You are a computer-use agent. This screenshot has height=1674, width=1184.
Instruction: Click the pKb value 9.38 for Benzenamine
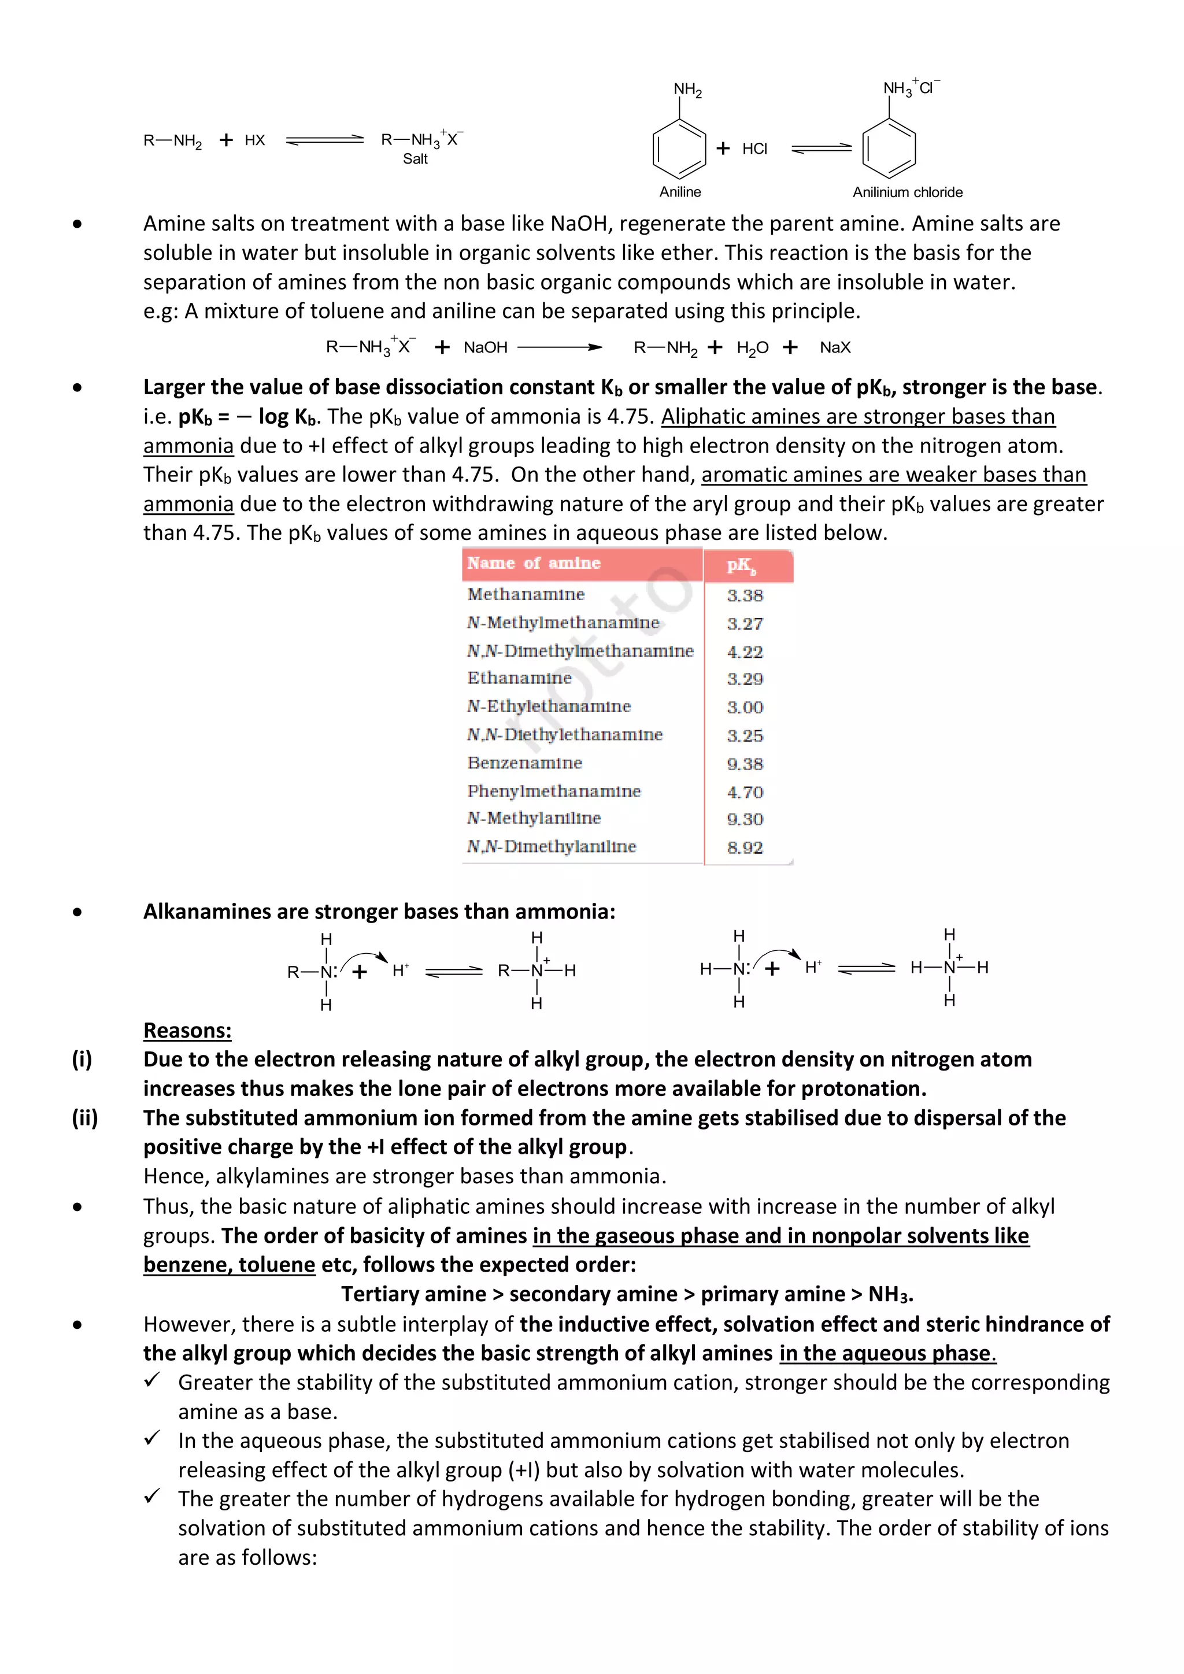click(x=745, y=764)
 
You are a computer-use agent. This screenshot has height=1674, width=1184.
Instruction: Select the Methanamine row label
click(x=526, y=594)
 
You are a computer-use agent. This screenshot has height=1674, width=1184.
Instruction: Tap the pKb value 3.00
click(x=745, y=707)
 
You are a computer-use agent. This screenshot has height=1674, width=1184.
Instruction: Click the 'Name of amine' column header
click(x=534, y=563)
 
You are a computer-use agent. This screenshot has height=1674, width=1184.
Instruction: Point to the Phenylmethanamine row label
click(x=554, y=791)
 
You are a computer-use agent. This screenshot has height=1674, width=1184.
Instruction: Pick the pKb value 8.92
click(x=745, y=847)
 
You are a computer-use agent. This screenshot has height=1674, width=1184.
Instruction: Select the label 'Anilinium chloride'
click(x=907, y=192)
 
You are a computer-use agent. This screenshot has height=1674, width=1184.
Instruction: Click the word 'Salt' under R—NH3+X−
click(x=415, y=159)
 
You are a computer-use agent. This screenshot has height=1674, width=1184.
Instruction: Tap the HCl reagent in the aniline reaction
click(x=754, y=149)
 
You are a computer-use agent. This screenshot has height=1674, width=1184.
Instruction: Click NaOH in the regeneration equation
click(x=486, y=348)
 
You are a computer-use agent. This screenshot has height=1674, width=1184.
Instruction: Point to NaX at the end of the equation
click(x=835, y=348)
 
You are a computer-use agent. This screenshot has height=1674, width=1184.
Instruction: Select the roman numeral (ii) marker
click(x=84, y=1118)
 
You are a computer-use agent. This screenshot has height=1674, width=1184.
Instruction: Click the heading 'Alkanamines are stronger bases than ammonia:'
click(x=379, y=912)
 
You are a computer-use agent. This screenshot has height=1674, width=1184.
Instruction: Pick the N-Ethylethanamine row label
click(x=549, y=706)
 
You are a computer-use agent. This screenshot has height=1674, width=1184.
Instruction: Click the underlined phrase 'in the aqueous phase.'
click(x=887, y=1353)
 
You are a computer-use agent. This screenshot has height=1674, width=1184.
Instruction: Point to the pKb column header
click(x=742, y=565)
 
